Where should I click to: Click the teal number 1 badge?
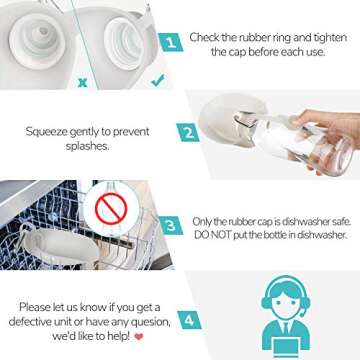[x=170, y=42]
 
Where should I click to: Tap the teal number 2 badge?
[x=188, y=133]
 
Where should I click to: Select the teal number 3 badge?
[x=171, y=226]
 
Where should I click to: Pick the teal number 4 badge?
[x=189, y=320]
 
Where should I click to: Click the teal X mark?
[x=83, y=82]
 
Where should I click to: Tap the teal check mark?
[x=157, y=80]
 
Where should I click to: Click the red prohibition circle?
[x=111, y=208]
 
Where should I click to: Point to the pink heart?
[x=139, y=337]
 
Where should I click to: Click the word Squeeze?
[x=46, y=132]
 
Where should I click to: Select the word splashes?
[x=87, y=147]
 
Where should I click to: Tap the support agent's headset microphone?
[x=301, y=314]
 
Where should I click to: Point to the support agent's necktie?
[x=285, y=328]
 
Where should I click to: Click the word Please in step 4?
[x=35, y=307]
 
